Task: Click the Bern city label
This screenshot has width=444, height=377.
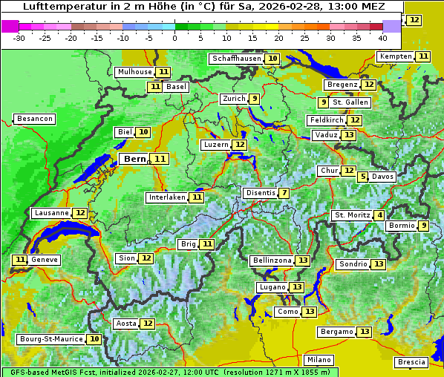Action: tap(134, 159)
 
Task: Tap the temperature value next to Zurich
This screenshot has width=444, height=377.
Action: tap(255, 99)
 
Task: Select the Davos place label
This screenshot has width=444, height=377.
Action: tap(382, 177)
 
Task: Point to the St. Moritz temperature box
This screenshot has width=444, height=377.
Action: tap(380, 215)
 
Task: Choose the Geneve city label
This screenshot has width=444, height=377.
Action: tap(45, 260)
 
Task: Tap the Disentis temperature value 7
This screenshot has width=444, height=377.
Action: tap(284, 193)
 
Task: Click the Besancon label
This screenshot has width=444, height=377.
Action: tap(35, 119)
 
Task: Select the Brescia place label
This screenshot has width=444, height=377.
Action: tap(411, 362)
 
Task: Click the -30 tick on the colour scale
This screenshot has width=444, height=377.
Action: tap(19, 38)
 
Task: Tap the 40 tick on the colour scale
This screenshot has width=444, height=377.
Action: tap(382, 38)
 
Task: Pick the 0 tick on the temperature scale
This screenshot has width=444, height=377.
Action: tap(175, 38)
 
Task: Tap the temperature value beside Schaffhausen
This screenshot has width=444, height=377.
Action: tap(272, 59)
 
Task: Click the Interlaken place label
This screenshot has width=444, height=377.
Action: tap(166, 197)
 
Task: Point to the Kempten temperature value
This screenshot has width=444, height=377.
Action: tap(423, 56)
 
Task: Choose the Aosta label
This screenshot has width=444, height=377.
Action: tap(125, 324)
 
